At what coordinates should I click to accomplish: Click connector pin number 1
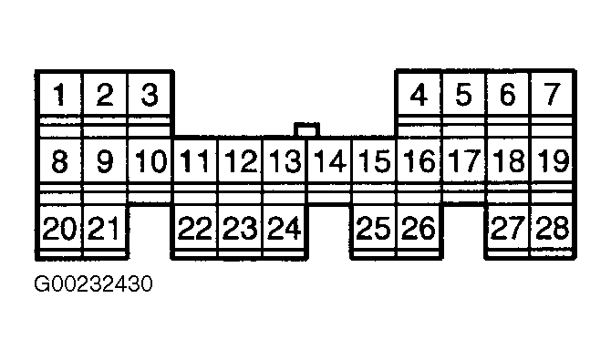point(59,94)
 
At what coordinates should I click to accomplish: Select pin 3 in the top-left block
point(150,94)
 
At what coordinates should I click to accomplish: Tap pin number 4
point(419,94)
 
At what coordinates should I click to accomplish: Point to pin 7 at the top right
point(552,94)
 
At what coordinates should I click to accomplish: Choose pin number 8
point(59,161)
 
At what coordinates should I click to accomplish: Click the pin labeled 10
point(150,161)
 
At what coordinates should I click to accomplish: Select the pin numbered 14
point(329,161)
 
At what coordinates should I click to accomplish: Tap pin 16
point(419,161)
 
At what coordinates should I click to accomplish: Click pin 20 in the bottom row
point(60,228)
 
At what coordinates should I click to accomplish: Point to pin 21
point(105,228)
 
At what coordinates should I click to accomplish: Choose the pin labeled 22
point(195,228)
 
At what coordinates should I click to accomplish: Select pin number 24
point(284,228)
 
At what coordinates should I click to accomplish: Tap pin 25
point(373,228)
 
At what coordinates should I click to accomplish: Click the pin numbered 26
point(419,228)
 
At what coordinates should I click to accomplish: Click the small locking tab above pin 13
point(307,129)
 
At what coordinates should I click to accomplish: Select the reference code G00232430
point(94,284)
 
